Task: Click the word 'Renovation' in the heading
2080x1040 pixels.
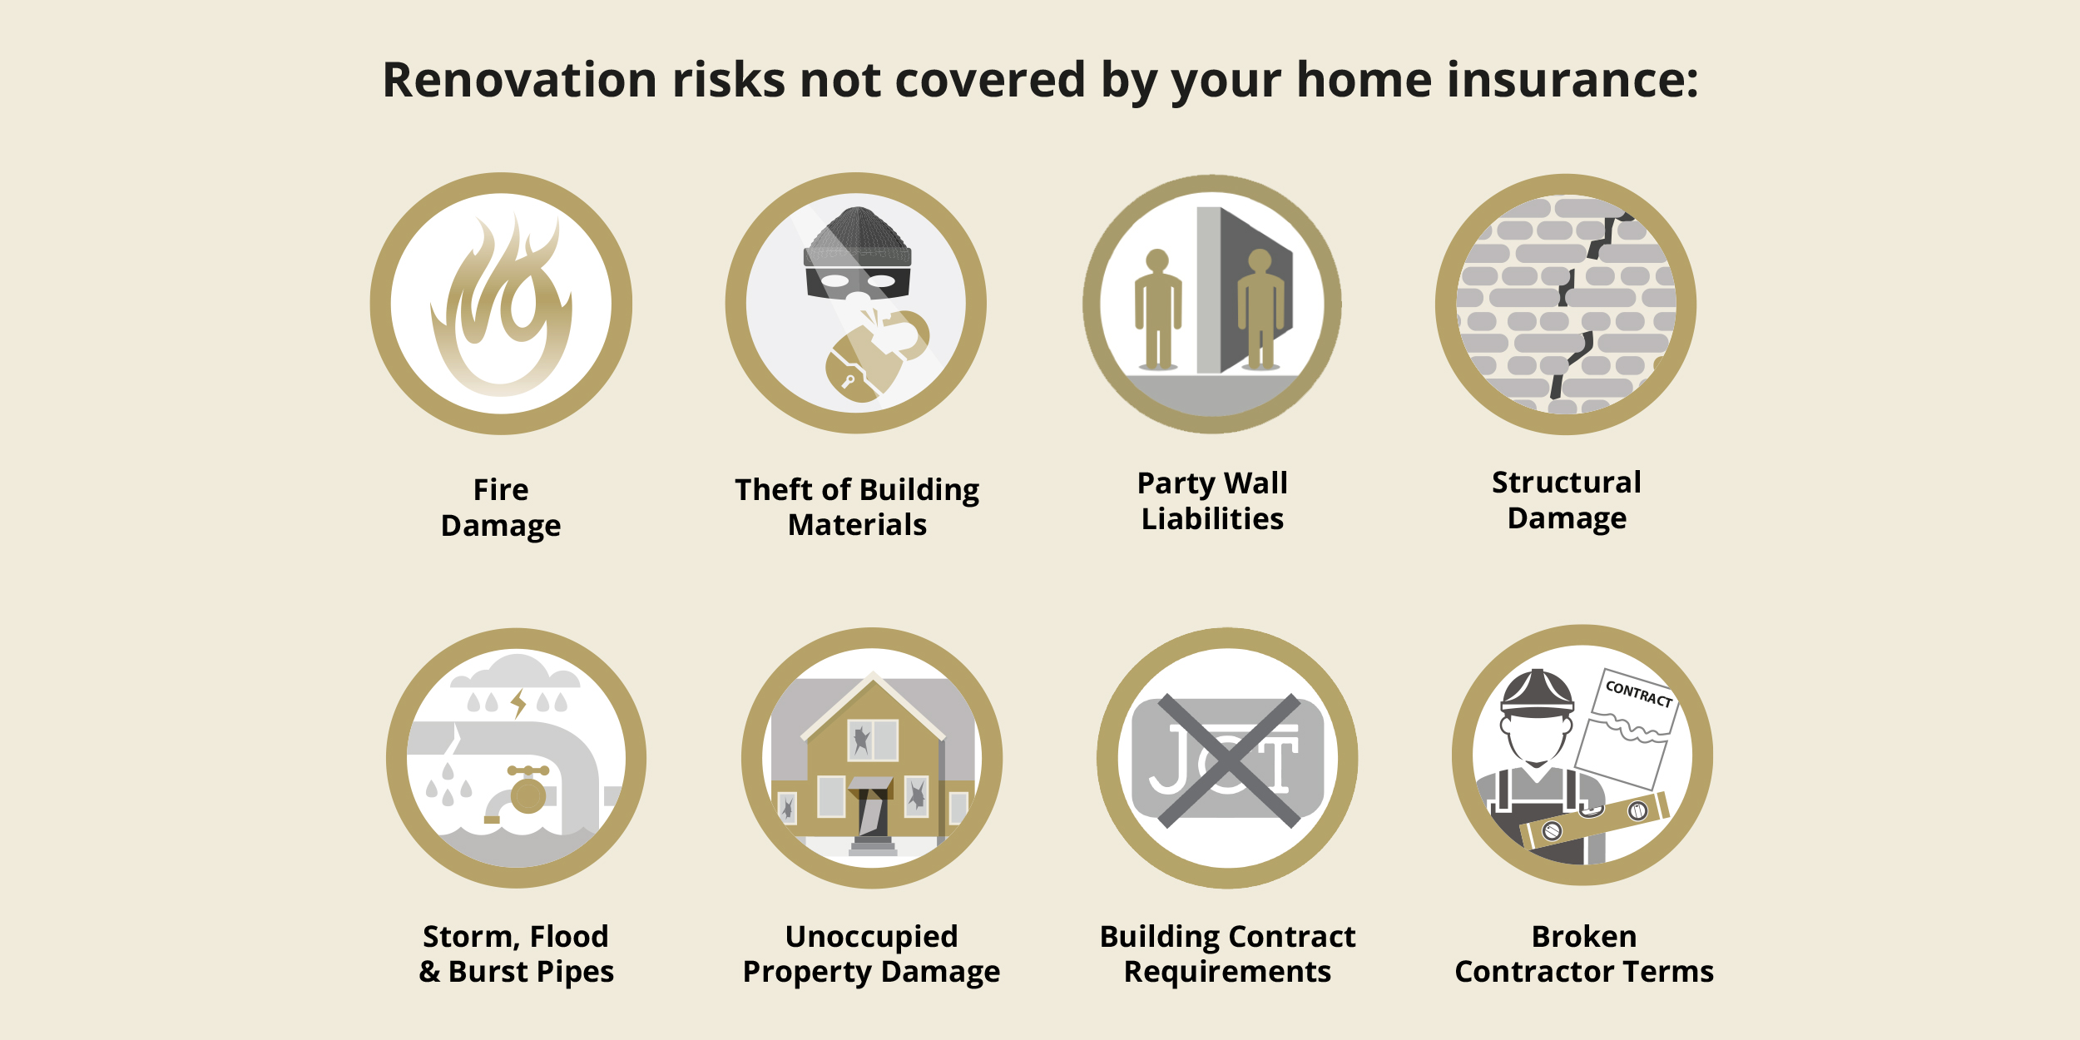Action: tap(520, 80)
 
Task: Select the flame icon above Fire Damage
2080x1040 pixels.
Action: tap(502, 305)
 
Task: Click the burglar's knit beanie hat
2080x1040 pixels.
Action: tap(857, 237)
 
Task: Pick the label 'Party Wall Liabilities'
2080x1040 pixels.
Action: tap(1212, 501)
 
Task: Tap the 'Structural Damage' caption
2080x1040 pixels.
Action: tap(1567, 500)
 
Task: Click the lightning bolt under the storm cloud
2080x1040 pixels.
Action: tap(519, 703)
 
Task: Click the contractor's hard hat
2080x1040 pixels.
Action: tap(1537, 692)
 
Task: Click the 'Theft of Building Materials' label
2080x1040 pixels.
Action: tap(857, 508)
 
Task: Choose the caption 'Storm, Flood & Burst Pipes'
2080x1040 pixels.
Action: tap(516, 954)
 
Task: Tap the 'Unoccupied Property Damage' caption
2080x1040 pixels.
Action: tap(871, 954)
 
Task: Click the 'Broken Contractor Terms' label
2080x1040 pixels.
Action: tap(1584, 954)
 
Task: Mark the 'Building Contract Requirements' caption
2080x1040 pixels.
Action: tap(1227, 954)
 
